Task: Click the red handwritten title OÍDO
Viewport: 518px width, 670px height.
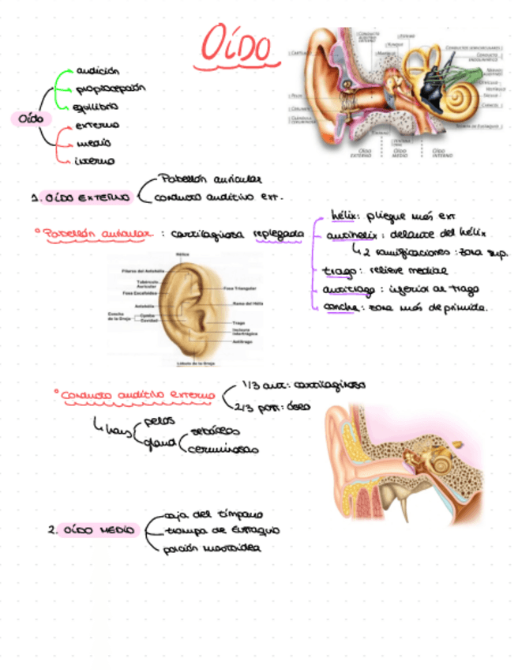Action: [237, 46]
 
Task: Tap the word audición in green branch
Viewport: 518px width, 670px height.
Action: [97, 71]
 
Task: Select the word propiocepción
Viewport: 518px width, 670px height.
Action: [111, 89]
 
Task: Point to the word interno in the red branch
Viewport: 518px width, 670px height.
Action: [94, 161]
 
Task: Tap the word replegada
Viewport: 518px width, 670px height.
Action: [279, 234]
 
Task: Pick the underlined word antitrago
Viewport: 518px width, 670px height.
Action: [347, 289]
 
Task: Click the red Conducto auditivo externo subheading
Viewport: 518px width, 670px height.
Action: [137, 394]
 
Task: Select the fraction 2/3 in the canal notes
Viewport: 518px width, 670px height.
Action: [243, 407]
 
